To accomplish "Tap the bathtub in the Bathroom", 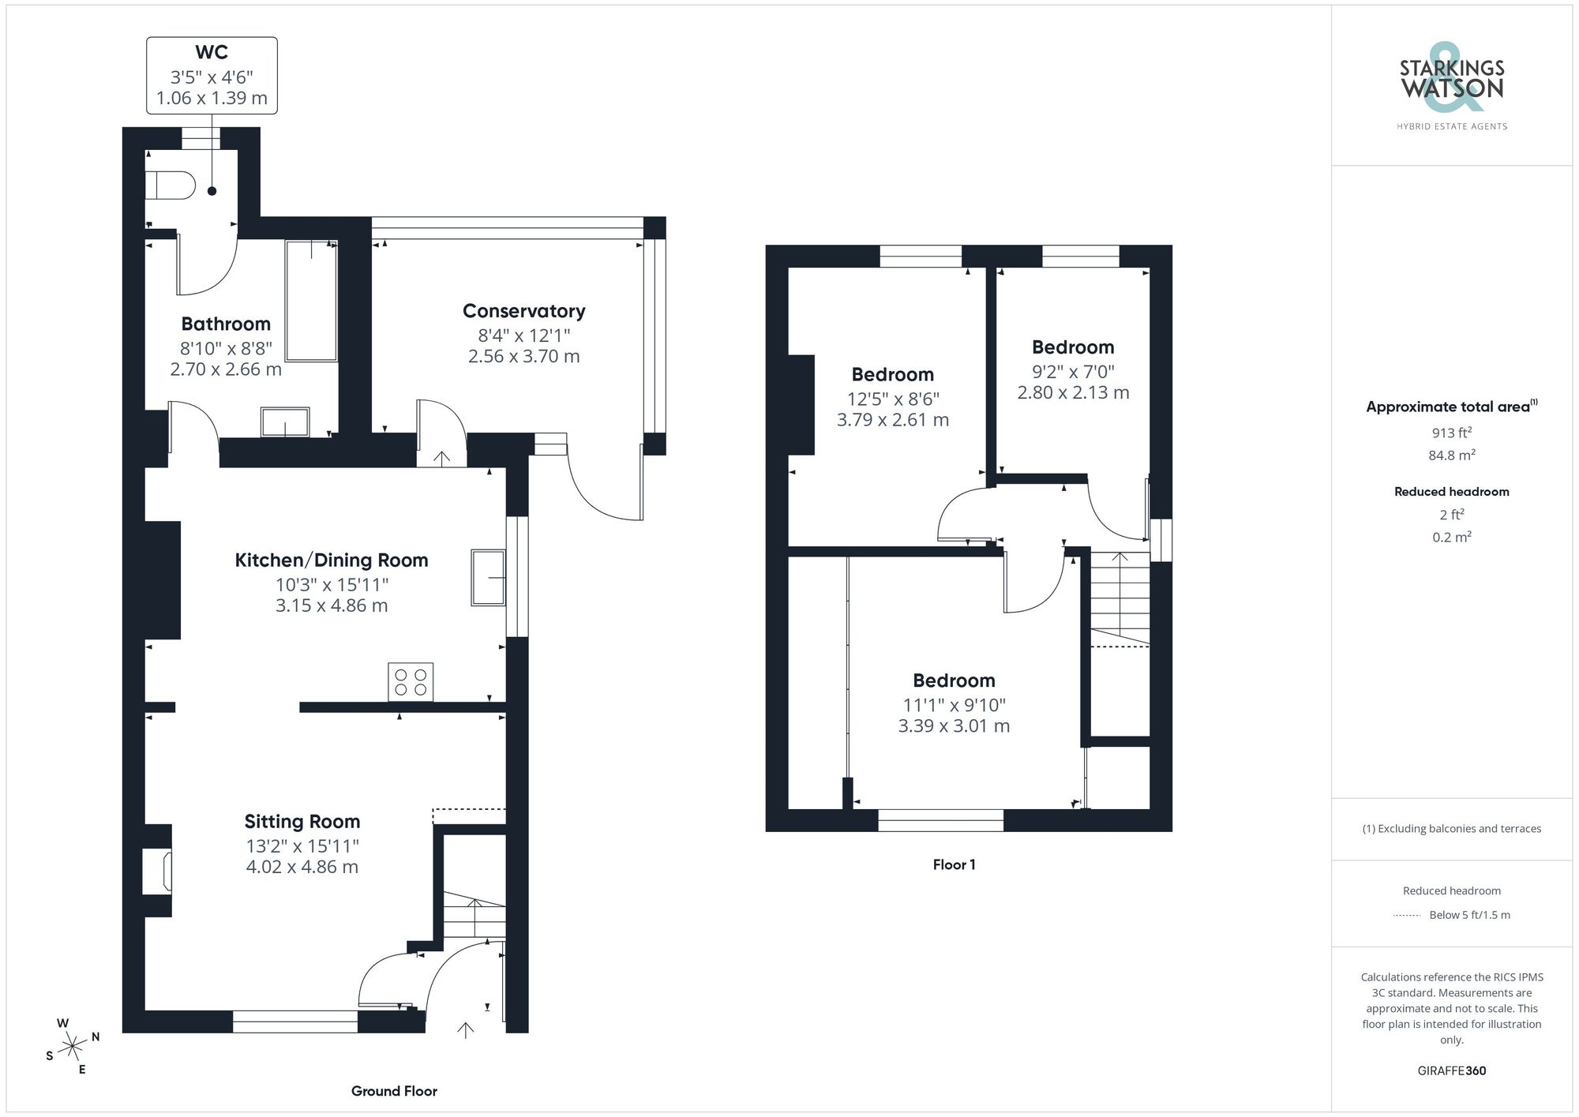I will [x=311, y=302].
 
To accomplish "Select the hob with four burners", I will [x=411, y=682].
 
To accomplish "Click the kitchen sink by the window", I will [x=488, y=578].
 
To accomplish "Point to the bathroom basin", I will [x=285, y=422].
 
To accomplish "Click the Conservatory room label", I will [x=523, y=311].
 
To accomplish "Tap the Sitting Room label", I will [x=302, y=822].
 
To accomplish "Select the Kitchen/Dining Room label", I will [x=332, y=560].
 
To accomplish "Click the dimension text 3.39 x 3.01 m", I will [x=954, y=726].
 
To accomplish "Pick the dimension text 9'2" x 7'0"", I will [x=1073, y=372].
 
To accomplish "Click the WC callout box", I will [x=212, y=76].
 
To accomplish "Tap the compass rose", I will [x=73, y=1047].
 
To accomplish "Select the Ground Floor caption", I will [x=394, y=1091].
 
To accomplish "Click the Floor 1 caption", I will [x=954, y=864].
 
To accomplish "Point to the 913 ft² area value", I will [x=1451, y=433].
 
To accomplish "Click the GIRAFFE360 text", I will [x=1451, y=1071].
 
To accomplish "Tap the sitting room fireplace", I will [x=157, y=871].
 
